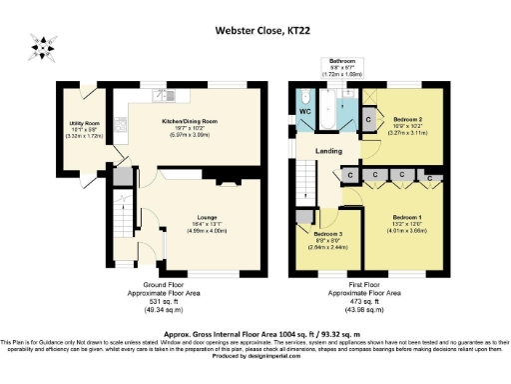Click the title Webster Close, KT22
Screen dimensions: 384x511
click(x=255, y=29)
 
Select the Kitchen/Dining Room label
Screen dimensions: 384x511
click(x=189, y=120)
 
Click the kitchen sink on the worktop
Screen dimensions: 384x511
click(x=161, y=95)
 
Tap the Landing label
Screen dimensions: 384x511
click(x=330, y=151)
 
